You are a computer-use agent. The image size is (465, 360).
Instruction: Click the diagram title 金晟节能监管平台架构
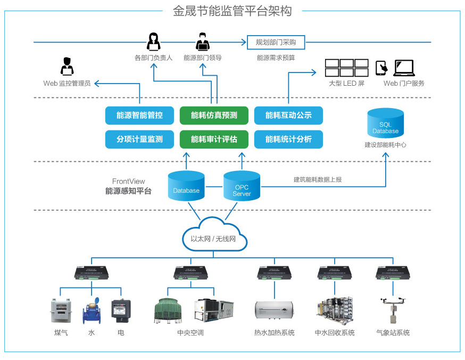click(x=232, y=11)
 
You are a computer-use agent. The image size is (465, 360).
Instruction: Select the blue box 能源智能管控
click(x=139, y=116)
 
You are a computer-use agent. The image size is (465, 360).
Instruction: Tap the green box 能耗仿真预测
click(x=214, y=116)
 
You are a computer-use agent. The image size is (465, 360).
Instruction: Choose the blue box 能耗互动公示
click(x=288, y=116)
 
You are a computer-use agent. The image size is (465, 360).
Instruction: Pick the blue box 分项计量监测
click(x=139, y=140)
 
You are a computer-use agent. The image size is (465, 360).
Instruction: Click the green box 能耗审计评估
click(x=214, y=140)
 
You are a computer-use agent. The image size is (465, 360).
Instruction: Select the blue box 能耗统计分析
click(x=288, y=140)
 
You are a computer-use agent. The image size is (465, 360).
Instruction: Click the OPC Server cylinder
click(x=242, y=186)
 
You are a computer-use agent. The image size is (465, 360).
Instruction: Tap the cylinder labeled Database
click(x=186, y=186)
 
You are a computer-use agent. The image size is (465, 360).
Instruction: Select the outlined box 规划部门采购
click(x=276, y=42)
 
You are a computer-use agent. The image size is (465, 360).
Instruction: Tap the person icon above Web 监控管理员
click(x=67, y=67)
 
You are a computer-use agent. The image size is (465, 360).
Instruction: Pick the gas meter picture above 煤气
click(x=61, y=310)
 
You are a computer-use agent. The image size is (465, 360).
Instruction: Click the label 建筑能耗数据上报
click(x=318, y=179)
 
